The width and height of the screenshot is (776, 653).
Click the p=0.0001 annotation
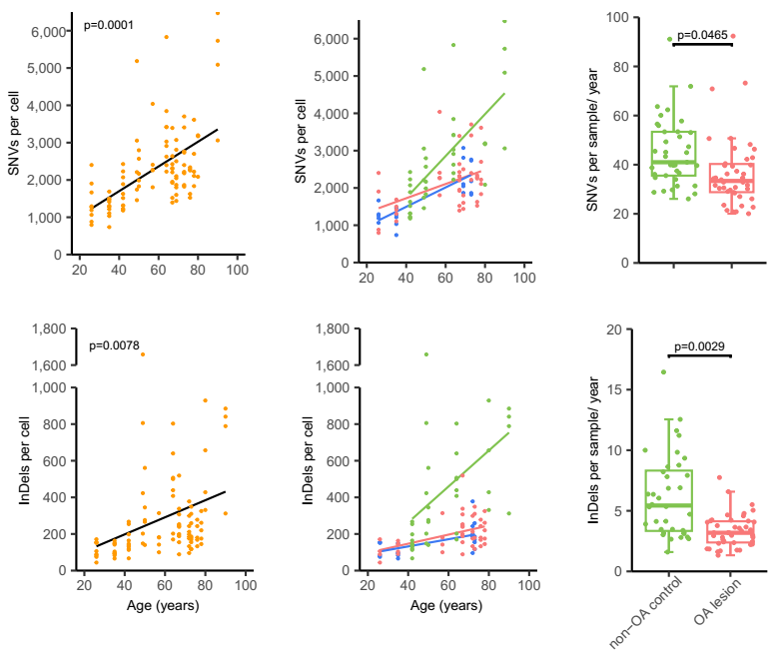point(109,24)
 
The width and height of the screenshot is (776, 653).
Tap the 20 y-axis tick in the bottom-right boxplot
point(625,329)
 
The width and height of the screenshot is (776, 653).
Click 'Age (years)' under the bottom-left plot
point(163,605)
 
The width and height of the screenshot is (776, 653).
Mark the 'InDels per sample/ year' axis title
point(595,451)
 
